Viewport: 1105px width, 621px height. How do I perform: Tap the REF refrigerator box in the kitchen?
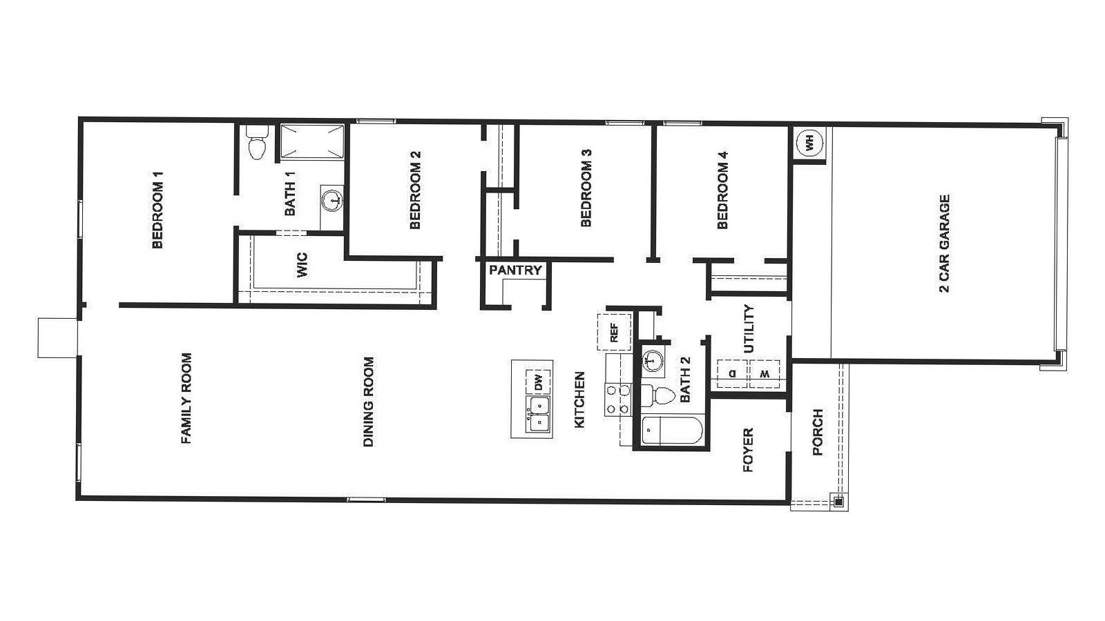point(614,332)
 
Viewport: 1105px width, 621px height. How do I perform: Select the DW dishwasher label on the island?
point(539,382)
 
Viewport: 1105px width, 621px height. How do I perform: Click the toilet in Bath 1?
point(256,145)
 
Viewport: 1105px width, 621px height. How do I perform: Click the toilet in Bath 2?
point(660,395)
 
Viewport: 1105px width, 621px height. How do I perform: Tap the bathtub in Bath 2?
point(671,431)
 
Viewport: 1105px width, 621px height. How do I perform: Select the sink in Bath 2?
point(652,360)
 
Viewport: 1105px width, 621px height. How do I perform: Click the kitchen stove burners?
point(617,400)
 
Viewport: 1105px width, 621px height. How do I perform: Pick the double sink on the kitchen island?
point(538,413)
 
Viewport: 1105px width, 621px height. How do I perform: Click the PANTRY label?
point(515,270)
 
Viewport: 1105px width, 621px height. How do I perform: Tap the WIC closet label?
point(302,266)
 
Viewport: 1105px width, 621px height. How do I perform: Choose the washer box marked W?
point(765,374)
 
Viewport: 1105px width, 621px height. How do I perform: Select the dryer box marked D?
point(733,374)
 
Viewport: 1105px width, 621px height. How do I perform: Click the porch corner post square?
point(838,502)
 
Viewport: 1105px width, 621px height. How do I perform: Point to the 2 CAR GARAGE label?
point(945,243)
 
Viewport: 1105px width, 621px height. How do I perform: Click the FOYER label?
point(748,451)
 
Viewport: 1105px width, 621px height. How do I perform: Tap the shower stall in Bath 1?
point(311,141)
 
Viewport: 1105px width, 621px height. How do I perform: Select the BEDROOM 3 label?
point(586,188)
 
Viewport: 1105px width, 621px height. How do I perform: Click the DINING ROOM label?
point(369,402)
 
